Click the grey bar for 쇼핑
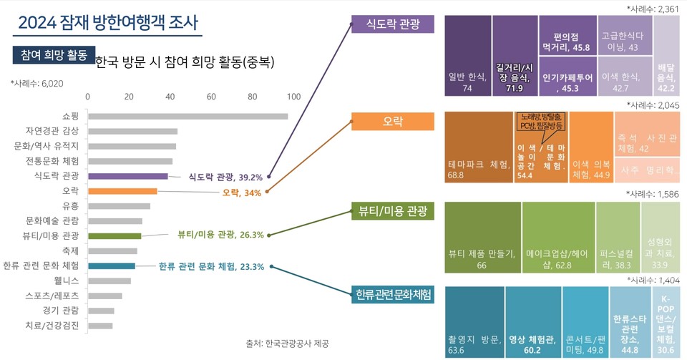187,116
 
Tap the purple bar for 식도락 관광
128,176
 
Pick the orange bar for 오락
122,191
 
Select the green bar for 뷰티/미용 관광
114,235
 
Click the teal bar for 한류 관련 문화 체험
112,266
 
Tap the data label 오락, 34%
241,193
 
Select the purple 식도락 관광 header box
392,24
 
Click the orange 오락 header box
392,122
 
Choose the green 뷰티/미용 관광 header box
392,211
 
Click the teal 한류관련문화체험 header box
392,294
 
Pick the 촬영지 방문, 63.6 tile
474,322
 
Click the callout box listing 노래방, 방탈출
541,122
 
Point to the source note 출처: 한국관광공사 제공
286,344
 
